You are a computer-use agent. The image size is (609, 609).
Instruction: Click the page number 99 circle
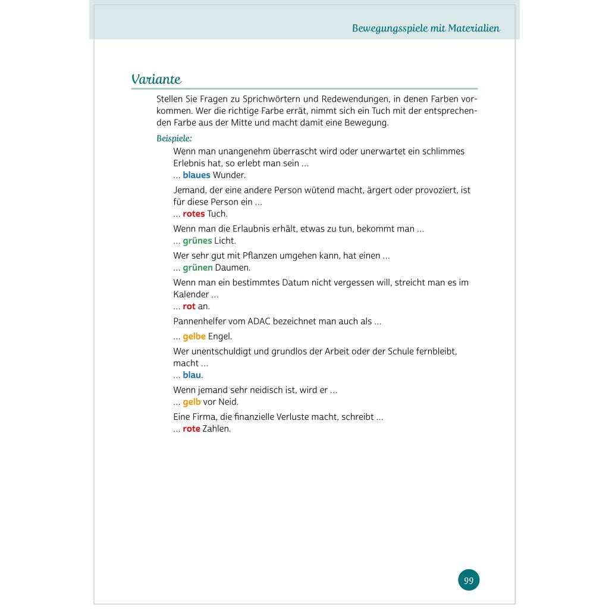coord(469,580)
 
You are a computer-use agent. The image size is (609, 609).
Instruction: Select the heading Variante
coord(156,80)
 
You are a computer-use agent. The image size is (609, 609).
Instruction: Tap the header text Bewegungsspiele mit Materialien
coord(426,28)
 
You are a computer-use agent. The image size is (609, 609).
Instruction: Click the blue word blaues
coord(196,175)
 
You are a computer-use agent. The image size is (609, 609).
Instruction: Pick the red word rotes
coord(193,214)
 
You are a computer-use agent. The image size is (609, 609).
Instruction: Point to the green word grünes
coord(197,241)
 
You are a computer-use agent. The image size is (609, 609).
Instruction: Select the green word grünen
coord(197,268)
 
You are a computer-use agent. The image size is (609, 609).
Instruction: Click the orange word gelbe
coord(194,337)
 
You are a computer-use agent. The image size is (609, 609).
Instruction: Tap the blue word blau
coord(192,375)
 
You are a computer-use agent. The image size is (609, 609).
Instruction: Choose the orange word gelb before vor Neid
coord(192,402)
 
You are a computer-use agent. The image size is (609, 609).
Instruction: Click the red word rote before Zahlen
coord(191,429)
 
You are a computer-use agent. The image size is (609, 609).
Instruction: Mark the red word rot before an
coord(189,306)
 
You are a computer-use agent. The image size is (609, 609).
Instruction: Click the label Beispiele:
coord(174,139)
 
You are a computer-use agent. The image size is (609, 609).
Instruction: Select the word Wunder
coord(229,175)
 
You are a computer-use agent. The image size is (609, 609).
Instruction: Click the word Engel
coord(220,337)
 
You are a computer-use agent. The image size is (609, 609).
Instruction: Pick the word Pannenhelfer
coord(201,321)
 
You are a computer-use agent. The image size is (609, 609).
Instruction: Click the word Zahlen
coord(216,429)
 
